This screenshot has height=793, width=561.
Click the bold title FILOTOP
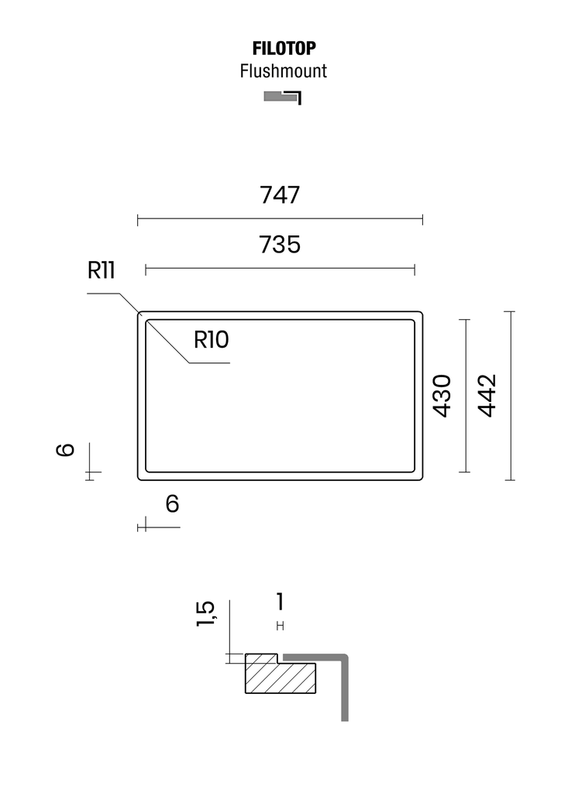(284, 49)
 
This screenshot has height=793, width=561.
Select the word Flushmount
(284, 70)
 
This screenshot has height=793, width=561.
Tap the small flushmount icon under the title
(283, 97)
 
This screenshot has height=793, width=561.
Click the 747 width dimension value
(280, 194)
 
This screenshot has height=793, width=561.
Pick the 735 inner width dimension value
(280, 244)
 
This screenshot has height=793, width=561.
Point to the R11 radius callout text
(102, 270)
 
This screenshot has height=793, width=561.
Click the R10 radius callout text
(212, 340)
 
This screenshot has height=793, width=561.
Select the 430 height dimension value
(442, 396)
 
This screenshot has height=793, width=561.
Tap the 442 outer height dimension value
(487, 396)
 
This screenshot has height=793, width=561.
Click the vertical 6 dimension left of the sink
(65, 449)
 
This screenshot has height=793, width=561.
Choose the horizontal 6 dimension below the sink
(172, 504)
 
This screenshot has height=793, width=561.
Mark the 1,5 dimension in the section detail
(205, 614)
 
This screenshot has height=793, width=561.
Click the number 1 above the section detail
(280, 602)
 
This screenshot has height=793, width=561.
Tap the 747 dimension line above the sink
(280, 219)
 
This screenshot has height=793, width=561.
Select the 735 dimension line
(280, 269)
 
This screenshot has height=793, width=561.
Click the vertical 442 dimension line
(511, 396)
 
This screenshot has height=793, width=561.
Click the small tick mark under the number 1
(280, 626)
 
